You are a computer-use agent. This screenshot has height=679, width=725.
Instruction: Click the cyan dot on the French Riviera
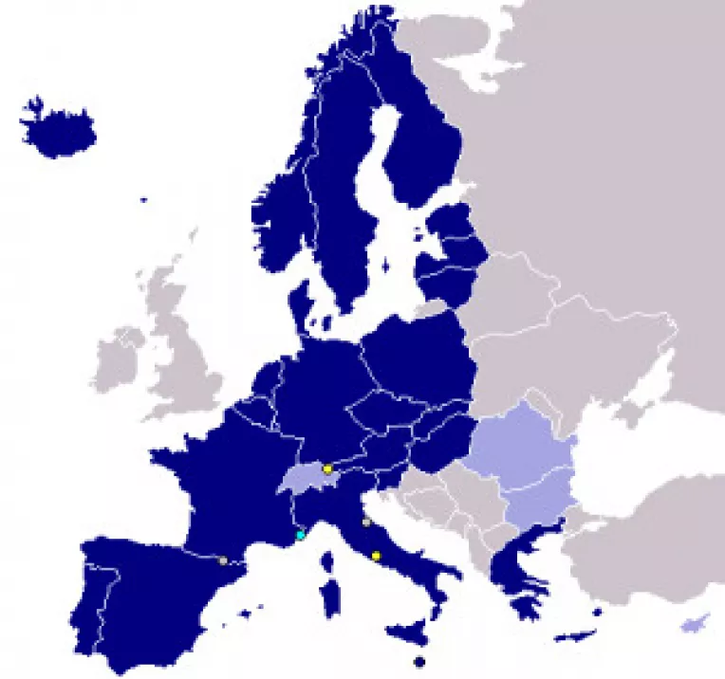[x=301, y=536]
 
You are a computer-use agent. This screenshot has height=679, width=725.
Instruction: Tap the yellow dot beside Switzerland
[x=327, y=468]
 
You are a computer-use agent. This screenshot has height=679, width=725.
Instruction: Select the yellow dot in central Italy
[x=376, y=556]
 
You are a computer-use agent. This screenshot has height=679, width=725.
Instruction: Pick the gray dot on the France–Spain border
[x=223, y=560]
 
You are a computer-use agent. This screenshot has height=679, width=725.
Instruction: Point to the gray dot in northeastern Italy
[x=366, y=523]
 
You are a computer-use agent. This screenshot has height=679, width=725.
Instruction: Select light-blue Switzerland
[x=306, y=479]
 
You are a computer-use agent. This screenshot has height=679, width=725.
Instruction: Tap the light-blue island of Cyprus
[x=696, y=623]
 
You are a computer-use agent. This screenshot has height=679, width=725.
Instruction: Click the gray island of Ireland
[x=118, y=359]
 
